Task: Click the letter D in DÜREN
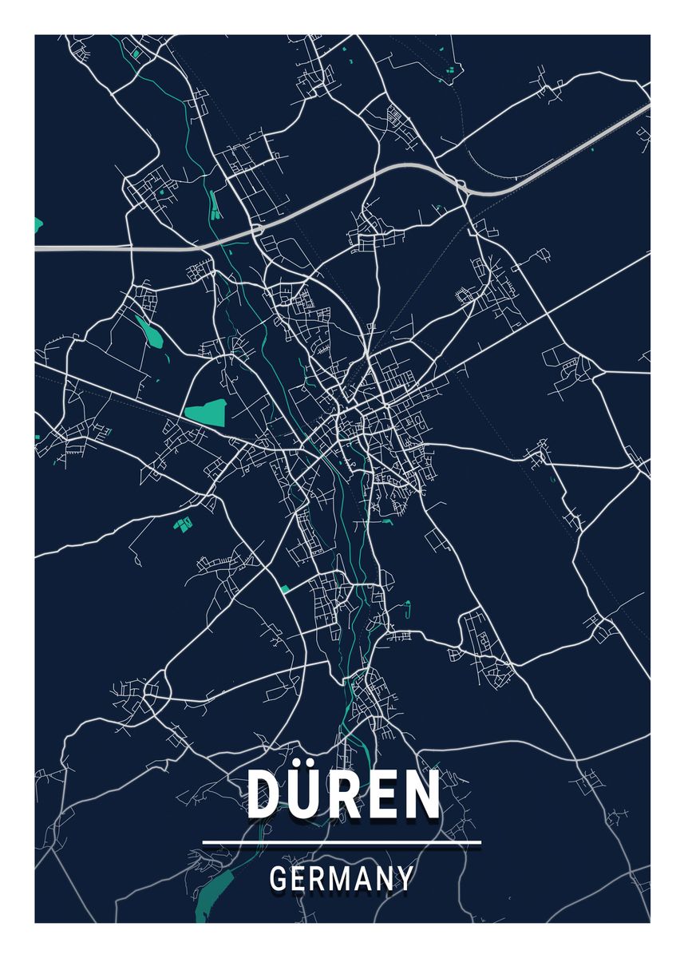point(266,794)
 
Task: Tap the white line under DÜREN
point(342,841)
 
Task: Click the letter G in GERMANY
point(278,879)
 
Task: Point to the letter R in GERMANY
point(316,879)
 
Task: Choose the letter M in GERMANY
point(339,879)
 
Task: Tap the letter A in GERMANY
point(363,879)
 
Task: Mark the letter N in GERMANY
point(385,879)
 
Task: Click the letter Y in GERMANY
point(405,879)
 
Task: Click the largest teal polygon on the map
point(206,412)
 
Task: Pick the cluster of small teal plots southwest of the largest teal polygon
point(184,524)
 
